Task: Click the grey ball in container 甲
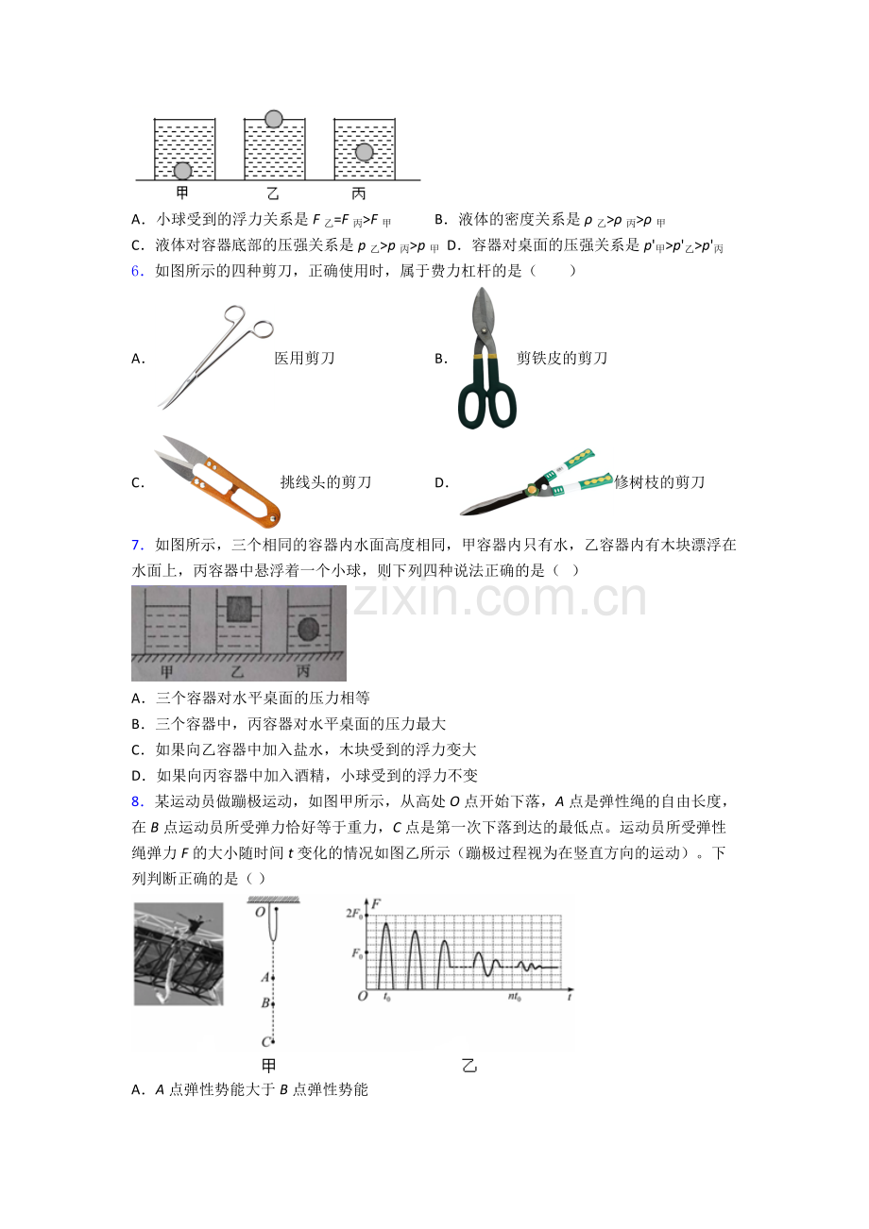point(182,171)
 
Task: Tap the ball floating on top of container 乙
point(273,119)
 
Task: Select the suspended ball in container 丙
point(364,152)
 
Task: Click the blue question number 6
point(137,271)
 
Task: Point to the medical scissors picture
point(215,357)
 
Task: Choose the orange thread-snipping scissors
point(218,481)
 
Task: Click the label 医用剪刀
point(304,359)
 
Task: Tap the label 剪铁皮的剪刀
point(562,359)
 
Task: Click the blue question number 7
point(137,545)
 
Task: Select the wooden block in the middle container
point(239,609)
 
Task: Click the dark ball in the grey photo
point(309,630)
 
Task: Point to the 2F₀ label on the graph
point(354,914)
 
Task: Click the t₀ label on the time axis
point(386,997)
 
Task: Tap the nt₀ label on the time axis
point(515,997)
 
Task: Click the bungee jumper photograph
point(179,953)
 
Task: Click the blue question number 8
point(137,801)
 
